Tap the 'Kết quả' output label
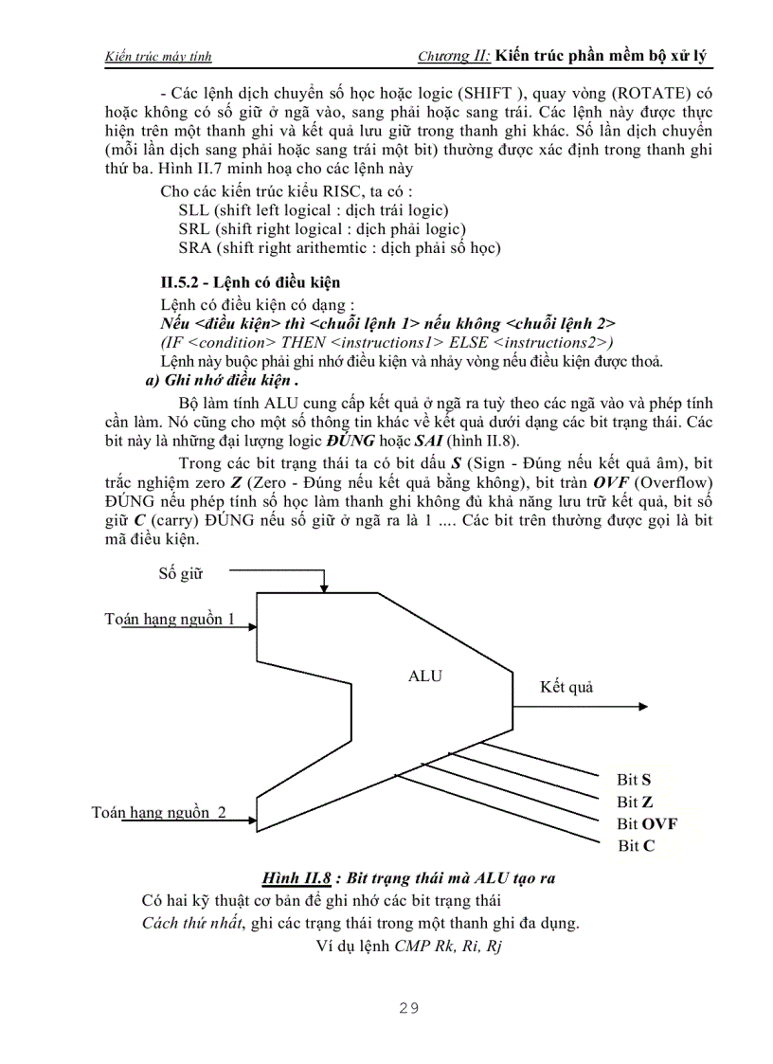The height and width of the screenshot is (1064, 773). [566, 687]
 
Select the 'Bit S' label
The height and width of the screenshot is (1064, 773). [634, 780]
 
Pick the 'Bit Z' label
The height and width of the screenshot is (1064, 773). [634, 803]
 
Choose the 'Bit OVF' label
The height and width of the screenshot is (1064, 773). [647, 824]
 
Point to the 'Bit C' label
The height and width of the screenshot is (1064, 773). [636, 846]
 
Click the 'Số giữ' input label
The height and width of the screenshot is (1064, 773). [180, 573]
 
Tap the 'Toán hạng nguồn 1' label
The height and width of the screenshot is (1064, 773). [170, 619]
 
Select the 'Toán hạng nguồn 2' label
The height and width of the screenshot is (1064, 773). [159, 812]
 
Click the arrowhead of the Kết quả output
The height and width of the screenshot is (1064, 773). [643, 706]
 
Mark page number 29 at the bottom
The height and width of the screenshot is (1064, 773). [408, 1008]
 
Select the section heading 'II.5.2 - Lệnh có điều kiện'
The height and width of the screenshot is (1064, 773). [251, 282]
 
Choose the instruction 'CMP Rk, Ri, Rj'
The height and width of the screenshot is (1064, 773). [447, 946]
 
